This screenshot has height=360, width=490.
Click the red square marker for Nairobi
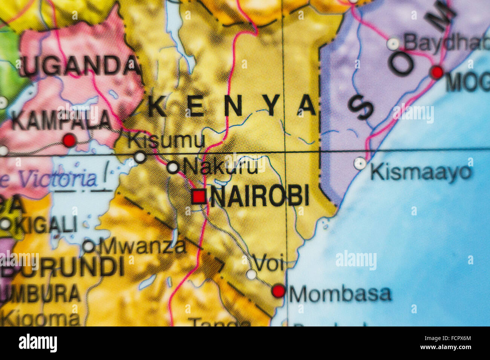pos(199,197)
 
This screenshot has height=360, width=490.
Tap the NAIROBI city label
pos(260,196)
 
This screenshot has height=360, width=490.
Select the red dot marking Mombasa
pos(279,291)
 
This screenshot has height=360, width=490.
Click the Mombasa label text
pos(340,294)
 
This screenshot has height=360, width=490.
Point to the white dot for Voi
pos(251,275)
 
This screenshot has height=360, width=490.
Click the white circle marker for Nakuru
pos(173,167)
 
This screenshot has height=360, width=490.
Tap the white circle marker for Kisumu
pos(140,157)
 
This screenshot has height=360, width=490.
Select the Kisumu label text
pos(166,141)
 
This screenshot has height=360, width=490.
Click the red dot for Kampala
pos(69,140)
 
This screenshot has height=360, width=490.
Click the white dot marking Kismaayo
pos(360,163)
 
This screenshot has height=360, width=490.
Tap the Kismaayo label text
pos(421,172)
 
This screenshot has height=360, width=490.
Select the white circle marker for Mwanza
pos(89,246)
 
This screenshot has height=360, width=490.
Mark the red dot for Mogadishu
pos(437,72)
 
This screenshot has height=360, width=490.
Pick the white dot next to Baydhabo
pos(393,44)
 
